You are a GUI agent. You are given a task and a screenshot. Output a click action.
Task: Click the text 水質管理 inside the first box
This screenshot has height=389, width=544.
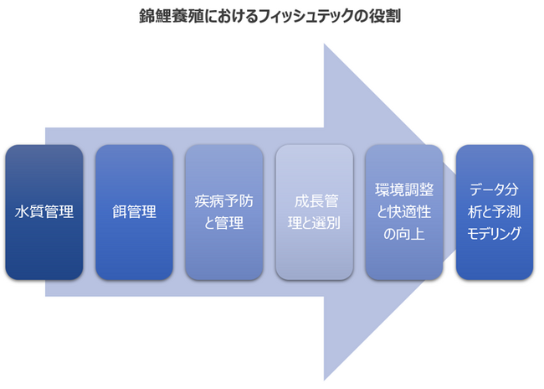[x=44, y=212]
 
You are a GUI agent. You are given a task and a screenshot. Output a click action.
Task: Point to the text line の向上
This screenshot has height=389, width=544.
[x=404, y=234]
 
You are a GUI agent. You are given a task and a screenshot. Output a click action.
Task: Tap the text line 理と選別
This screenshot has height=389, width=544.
[x=314, y=224]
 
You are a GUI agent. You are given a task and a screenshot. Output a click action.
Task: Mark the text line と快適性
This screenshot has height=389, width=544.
[x=404, y=212]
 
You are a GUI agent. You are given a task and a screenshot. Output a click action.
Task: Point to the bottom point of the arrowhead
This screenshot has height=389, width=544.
[x=325, y=380]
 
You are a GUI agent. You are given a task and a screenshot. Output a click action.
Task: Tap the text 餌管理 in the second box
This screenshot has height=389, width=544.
[x=134, y=212]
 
